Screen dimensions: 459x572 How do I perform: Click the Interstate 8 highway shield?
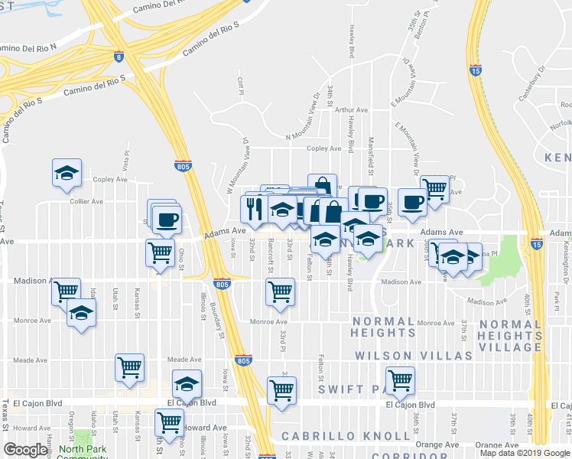[x=119, y=56]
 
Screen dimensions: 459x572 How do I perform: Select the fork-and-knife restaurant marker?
[x=254, y=210]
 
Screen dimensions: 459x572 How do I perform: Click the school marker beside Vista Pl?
[x=67, y=173]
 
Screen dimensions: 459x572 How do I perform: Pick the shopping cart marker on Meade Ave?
[x=129, y=366]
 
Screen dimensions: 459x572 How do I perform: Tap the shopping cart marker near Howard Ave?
[x=168, y=422]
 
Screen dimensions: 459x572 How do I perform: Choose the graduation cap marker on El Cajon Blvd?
[x=187, y=384]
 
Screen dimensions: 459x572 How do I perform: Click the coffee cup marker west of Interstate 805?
[x=167, y=220]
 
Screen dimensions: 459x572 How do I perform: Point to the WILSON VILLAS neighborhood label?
[x=414, y=356]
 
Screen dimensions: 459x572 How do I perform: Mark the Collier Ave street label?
[x=86, y=201]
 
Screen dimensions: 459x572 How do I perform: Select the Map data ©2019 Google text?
[x=525, y=453]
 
